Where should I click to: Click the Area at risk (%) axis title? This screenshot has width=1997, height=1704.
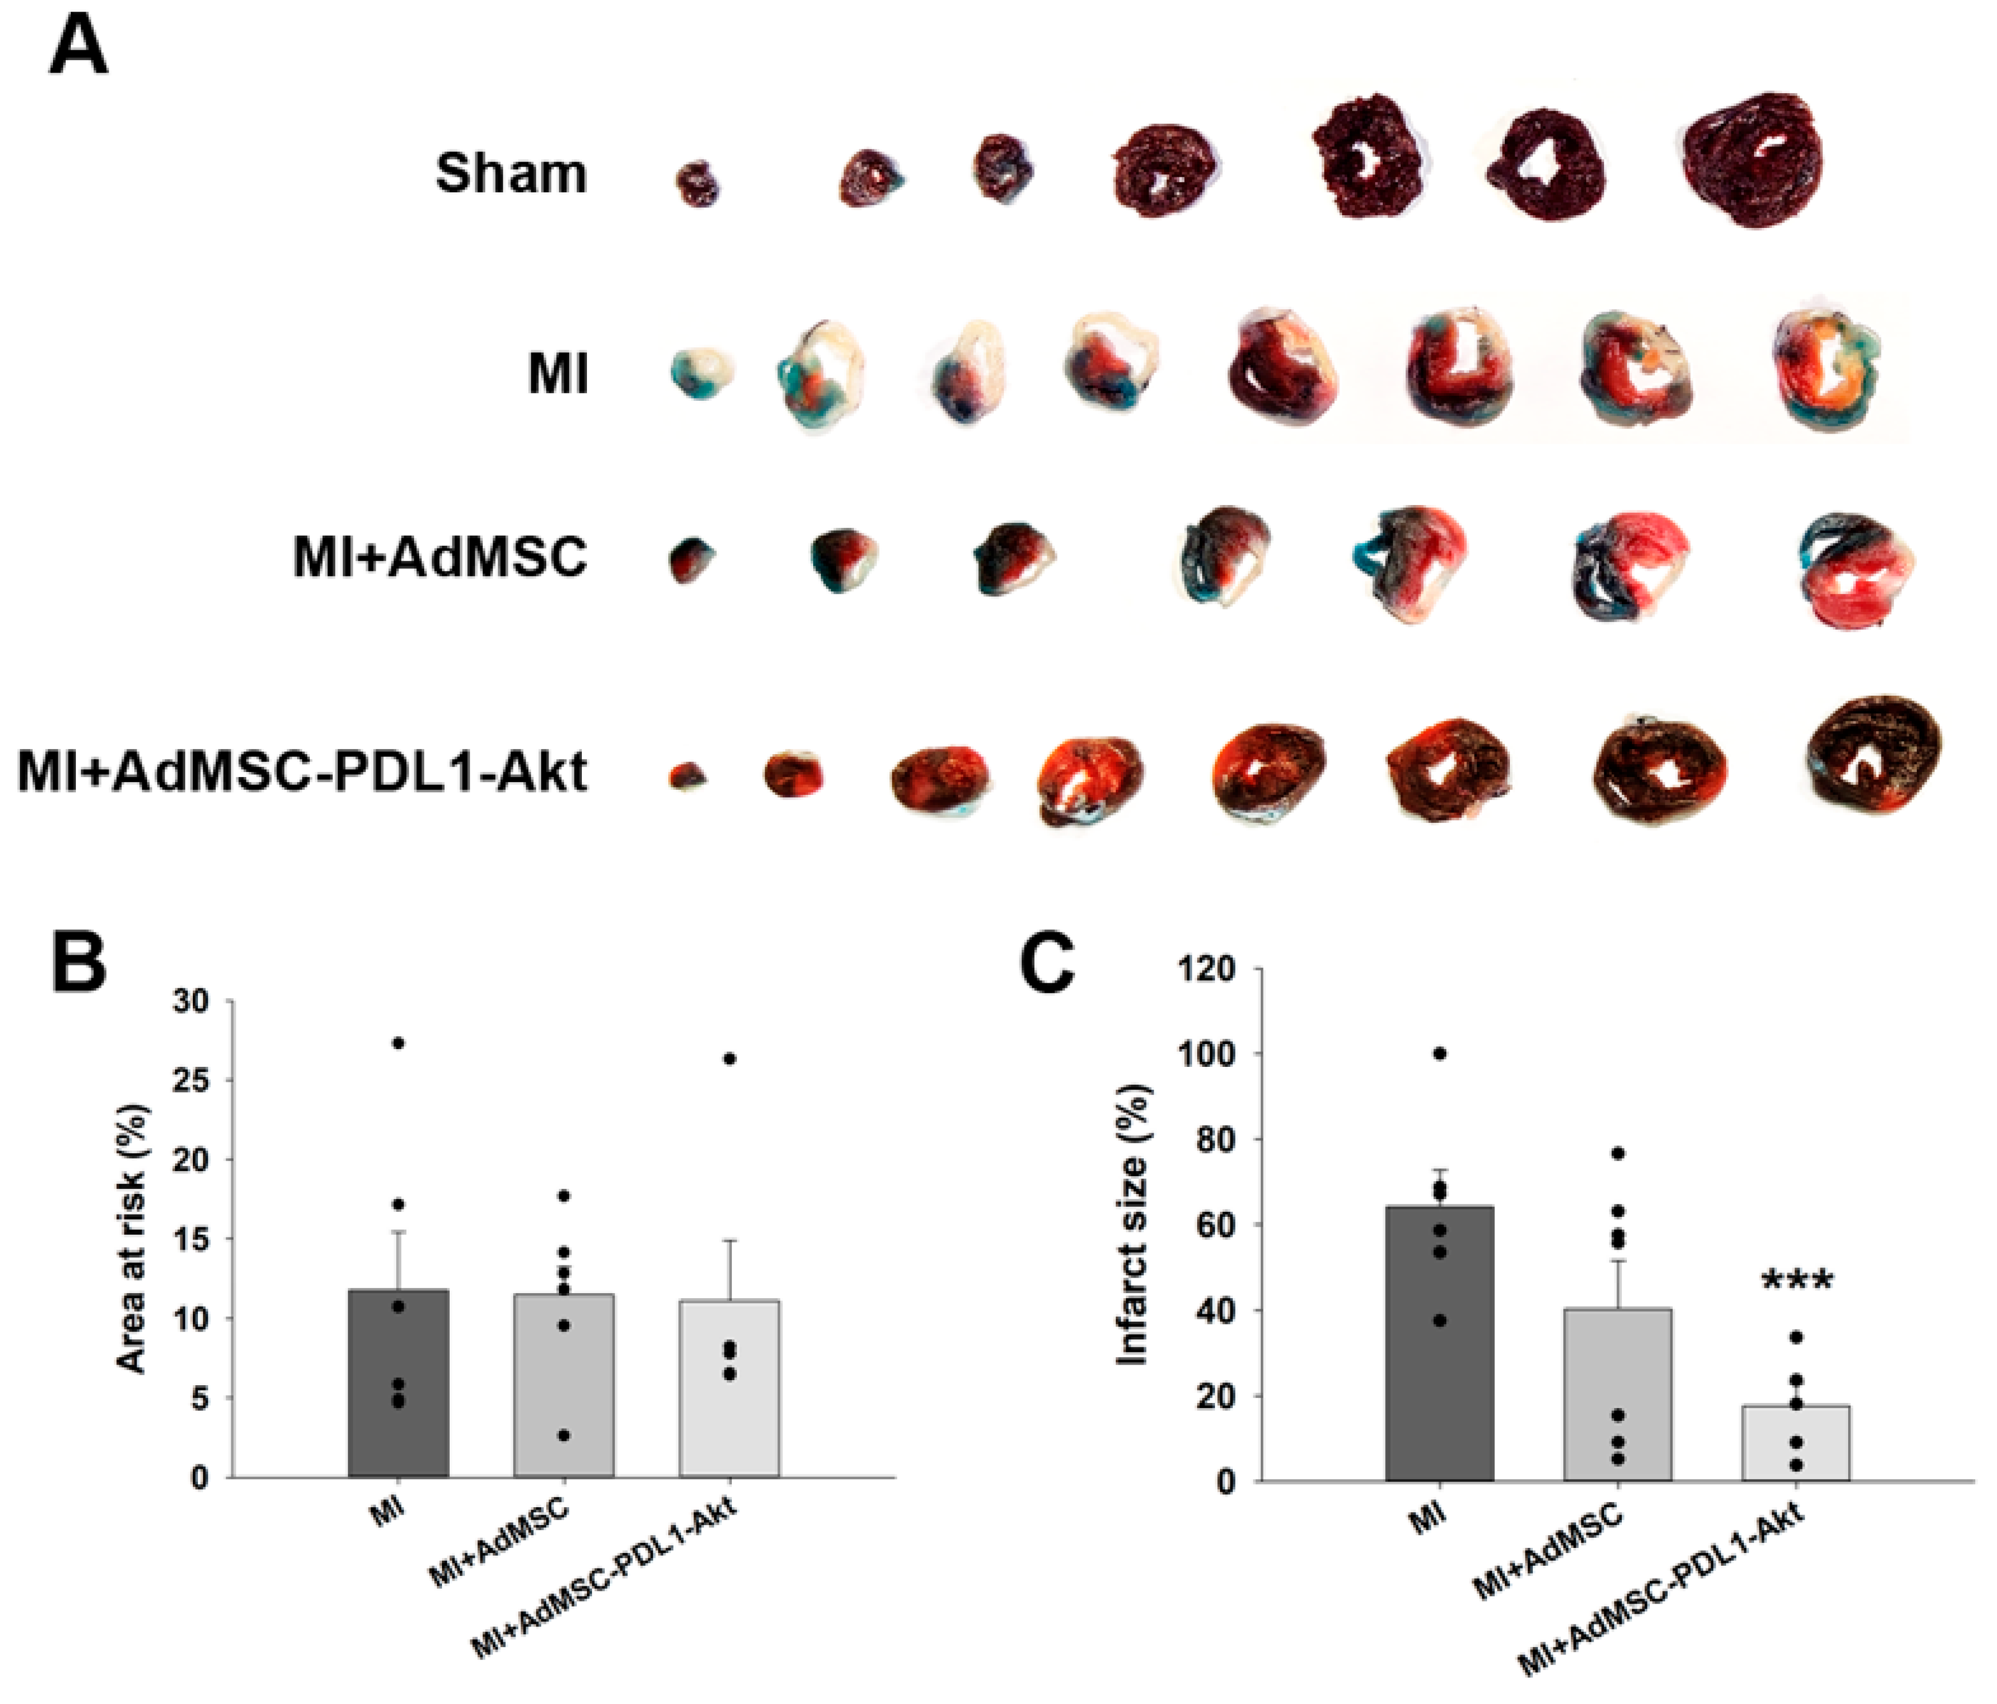[x=132, y=1240]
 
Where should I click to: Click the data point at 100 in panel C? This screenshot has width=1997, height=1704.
[x=1440, y=1054]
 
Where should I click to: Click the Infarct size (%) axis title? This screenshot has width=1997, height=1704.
[x=1133, y=1225]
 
